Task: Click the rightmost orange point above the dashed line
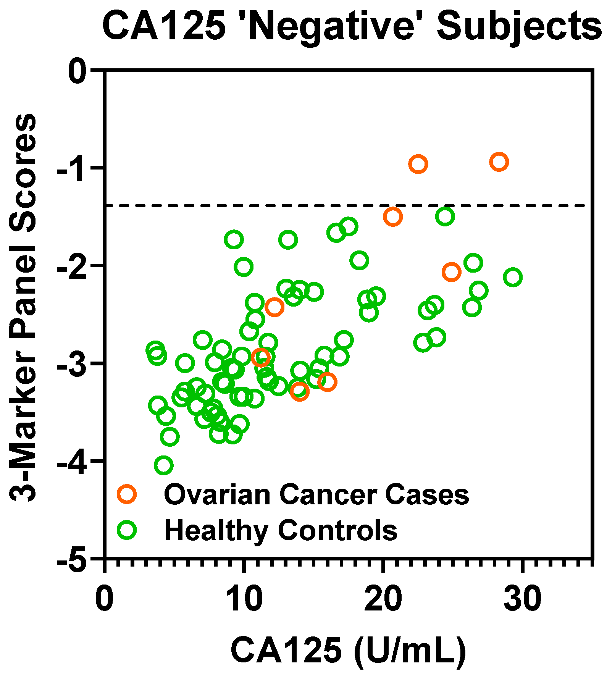click(499, 162)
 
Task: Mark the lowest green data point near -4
click(164, 465)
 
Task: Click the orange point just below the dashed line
click(393, 217)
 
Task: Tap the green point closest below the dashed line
click(445, 216)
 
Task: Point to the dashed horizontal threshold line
click(267, 205)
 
